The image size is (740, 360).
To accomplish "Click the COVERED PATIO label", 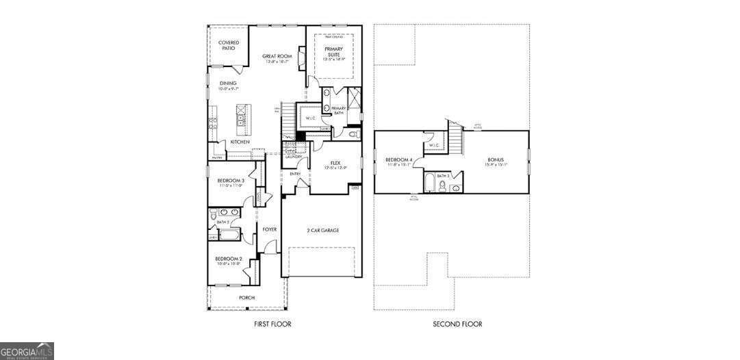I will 229,45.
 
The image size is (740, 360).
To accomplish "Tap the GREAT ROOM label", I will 277,56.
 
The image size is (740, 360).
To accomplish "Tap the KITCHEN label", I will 240,142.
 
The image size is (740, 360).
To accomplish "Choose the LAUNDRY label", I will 294,157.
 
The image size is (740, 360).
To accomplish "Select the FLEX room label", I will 335,163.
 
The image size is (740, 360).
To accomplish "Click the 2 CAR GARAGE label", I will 322,230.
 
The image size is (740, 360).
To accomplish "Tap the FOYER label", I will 270,229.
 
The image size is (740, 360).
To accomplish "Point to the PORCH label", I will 246,298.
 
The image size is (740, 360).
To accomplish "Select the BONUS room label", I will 496,159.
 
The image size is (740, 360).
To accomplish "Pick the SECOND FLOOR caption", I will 457,324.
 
